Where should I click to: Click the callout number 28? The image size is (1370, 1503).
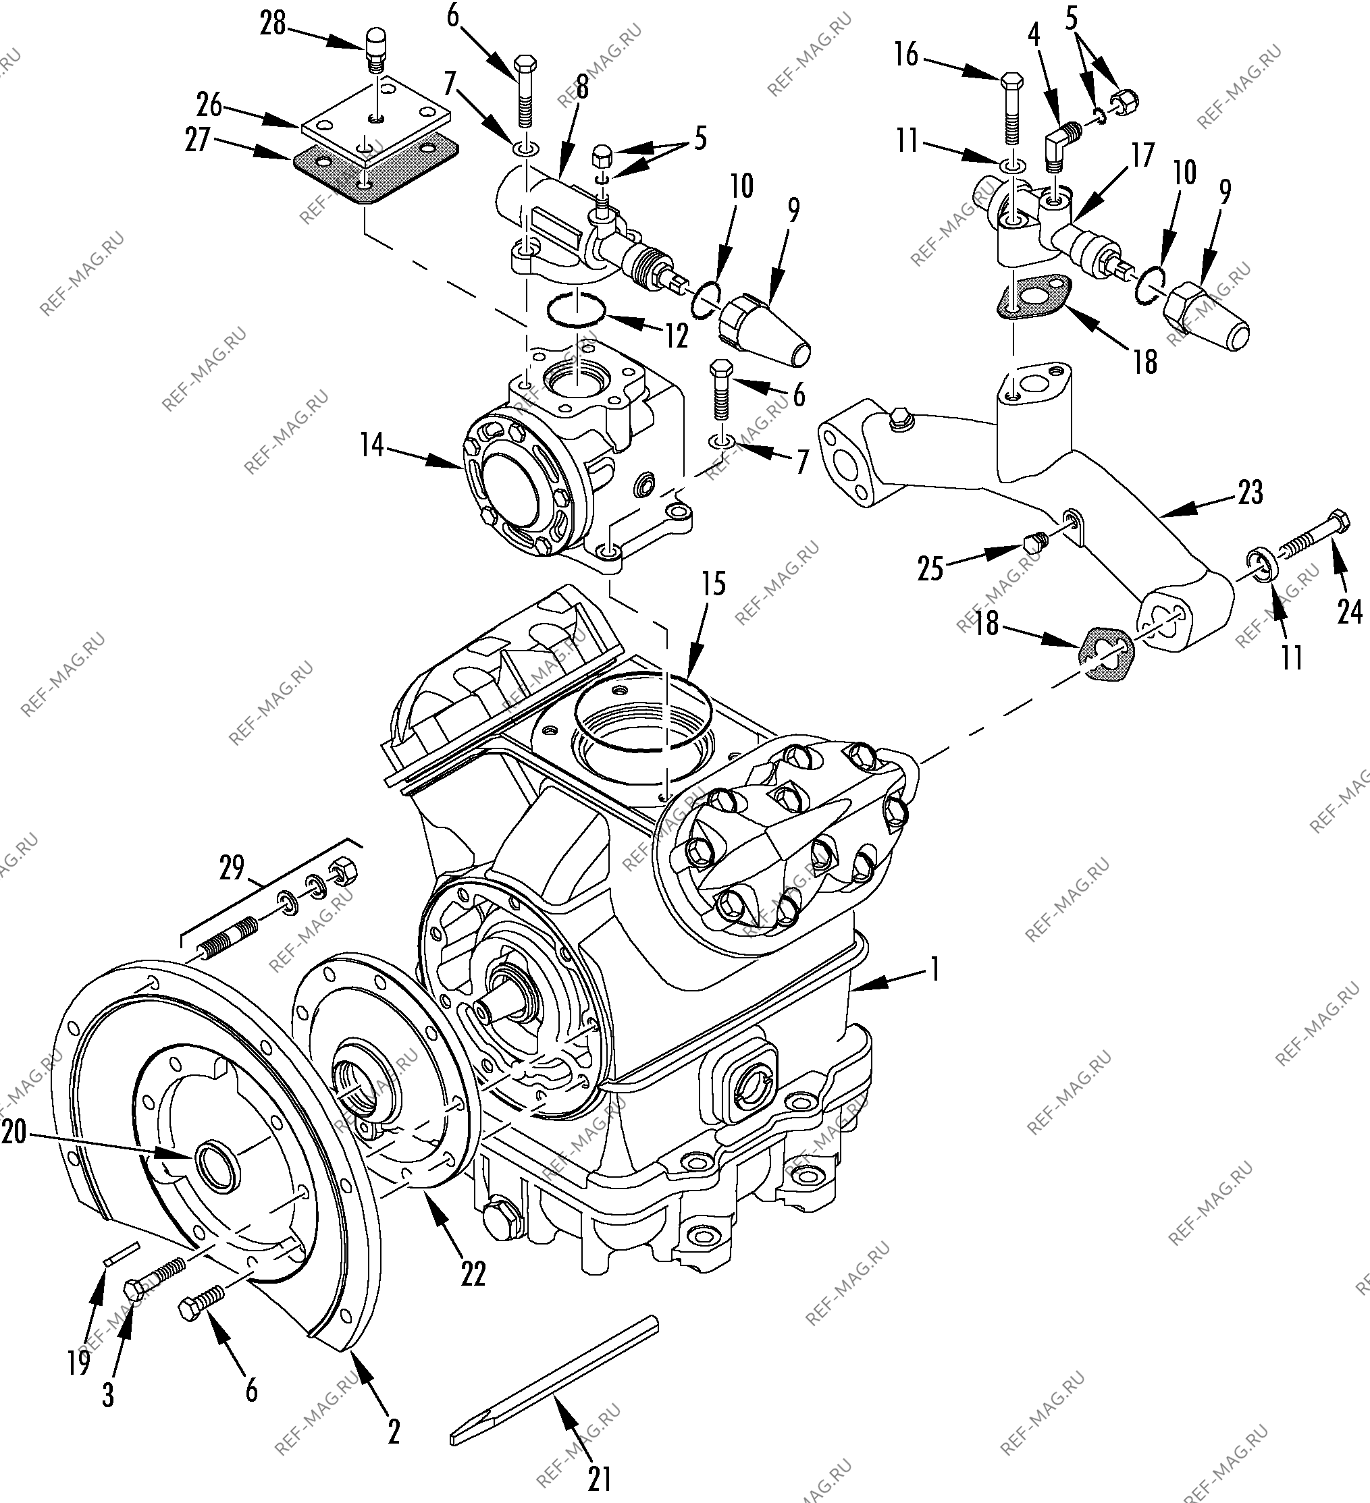pos(272,24)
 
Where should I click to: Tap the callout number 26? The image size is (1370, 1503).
pos(209,105)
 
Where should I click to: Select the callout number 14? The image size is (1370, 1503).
pos(371,445)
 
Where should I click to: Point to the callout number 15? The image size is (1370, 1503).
pos(714,584)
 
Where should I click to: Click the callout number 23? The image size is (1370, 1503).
pos(1250,492)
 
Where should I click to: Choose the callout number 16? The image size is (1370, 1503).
pos(907,55)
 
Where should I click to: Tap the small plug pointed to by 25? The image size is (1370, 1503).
pos(1033,543)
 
